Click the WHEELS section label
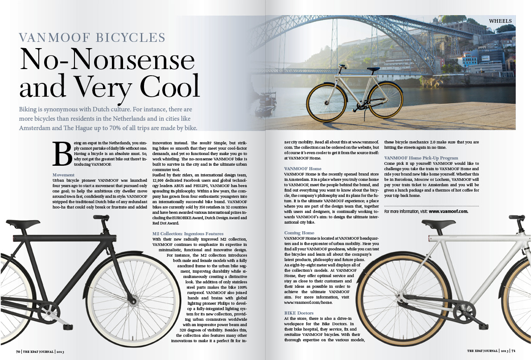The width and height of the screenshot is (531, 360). coord(500,21)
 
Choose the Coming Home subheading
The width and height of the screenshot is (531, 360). coord(299,233)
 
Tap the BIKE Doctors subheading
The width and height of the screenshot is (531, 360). coord(299,313)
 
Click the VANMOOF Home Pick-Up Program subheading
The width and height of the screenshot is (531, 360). coord(421,158)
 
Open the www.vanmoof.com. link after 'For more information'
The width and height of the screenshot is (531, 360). coord(448,211)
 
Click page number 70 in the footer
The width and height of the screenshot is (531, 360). coord(19,352)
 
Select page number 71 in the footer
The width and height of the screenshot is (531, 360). coord(514,351)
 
